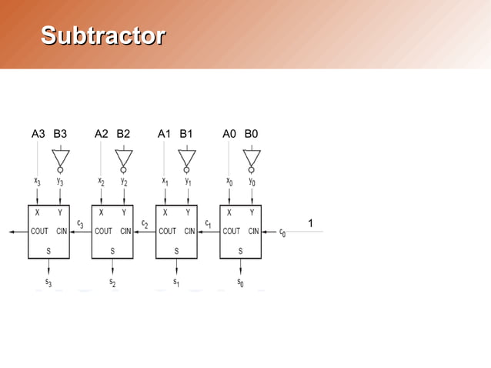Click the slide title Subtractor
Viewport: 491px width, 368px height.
(x=102, y=35)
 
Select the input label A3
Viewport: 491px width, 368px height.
(x=38, y=134)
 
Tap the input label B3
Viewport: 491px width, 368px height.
(x=60, y=134)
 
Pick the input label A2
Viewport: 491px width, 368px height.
(x=102, y=134)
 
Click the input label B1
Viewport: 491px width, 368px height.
(x=186, y=134)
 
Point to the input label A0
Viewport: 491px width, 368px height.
(x=229, y=134)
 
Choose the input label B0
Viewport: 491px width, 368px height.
(x=252, y=134)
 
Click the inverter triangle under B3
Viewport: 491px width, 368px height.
(x=60, y=158)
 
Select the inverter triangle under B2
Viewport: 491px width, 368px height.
(x=124, y=158)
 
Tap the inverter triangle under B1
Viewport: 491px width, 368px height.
(x=187, y=158)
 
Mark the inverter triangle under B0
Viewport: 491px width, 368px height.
(x=252, y=158)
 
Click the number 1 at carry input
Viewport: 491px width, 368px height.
(x=309, y=223)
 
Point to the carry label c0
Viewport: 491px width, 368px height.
(x=282, y=232)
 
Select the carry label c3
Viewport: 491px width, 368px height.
(x=81, y=224)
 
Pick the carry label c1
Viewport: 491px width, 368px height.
(x=208, y=224)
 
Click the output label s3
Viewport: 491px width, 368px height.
(x=48, y=283)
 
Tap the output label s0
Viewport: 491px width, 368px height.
(x=241, y=283)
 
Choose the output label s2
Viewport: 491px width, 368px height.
(x=112, y=283)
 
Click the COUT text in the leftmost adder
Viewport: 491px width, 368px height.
(x=39, y=230)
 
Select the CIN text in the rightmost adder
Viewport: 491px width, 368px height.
(x=252, y=230)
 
